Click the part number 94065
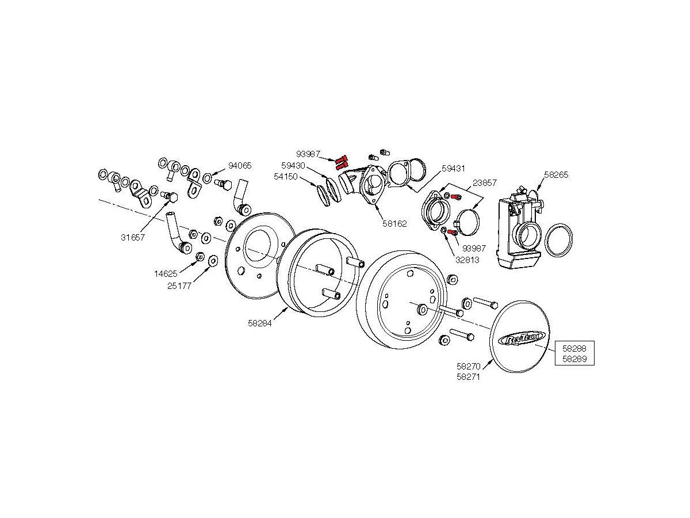point(240,166)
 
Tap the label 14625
point(166,274)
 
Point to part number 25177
point(179,285)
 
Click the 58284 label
point(260,323)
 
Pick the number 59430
point(293,165)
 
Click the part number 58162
point(395,223)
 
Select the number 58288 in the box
point(574,348)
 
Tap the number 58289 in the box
point(574,359)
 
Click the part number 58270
point(468,365)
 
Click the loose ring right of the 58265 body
point(558,241)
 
